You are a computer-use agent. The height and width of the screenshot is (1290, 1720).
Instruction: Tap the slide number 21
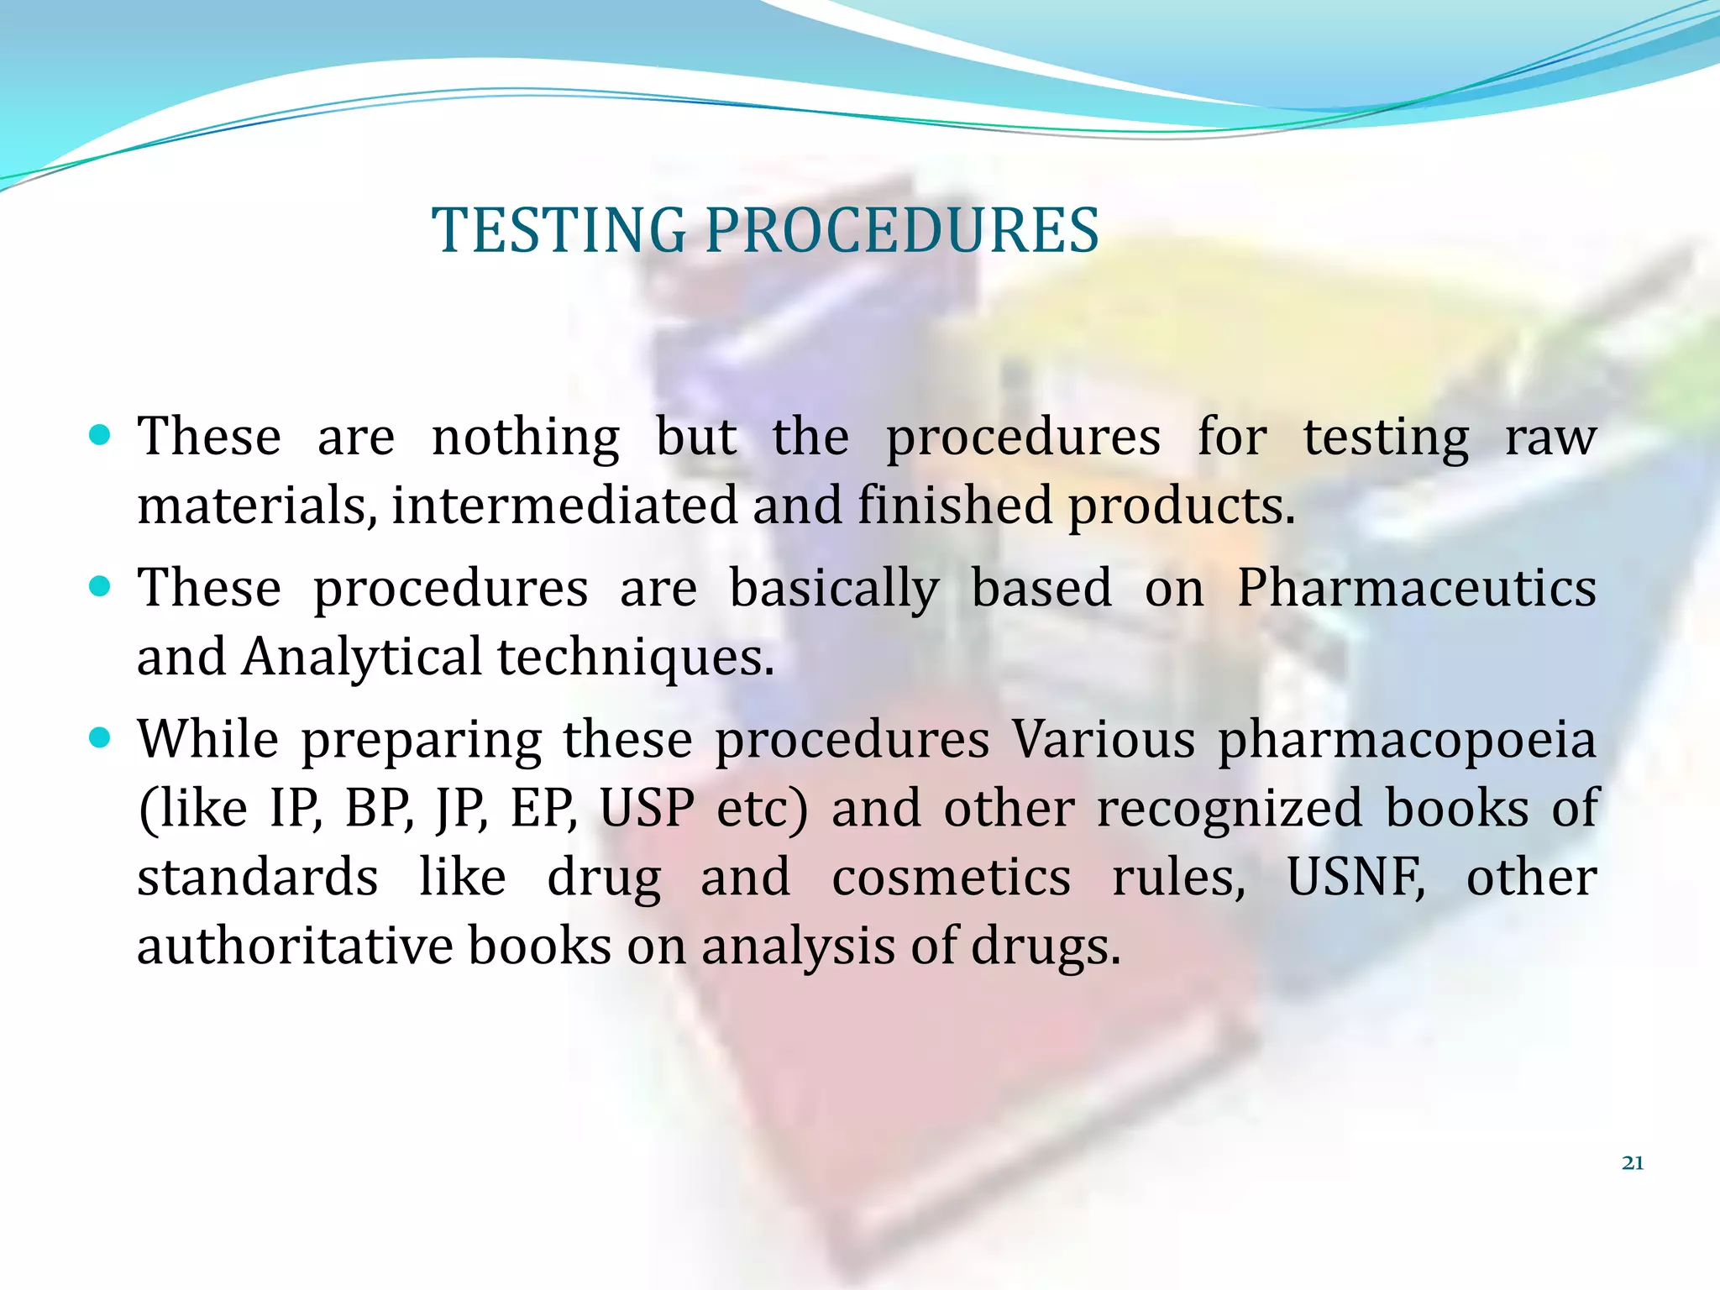[x=1632, y=1163]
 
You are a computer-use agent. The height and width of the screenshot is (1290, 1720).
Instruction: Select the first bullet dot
[x=99, y=434]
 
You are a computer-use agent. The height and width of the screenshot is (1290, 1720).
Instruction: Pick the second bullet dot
[x=99, y=585]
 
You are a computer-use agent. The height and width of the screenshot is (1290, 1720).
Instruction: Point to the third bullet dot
[x=99, y=737]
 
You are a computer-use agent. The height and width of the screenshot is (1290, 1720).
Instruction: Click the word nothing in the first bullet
[x=525, y=438]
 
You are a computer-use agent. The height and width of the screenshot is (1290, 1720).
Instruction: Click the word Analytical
[x=361, y=657]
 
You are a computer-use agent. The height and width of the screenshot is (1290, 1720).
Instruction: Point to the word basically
[x=833, y=589]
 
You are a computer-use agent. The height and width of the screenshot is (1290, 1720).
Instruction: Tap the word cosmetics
[x=951, y=877]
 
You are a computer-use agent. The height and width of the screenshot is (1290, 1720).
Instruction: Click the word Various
[x=1103, y=740]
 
